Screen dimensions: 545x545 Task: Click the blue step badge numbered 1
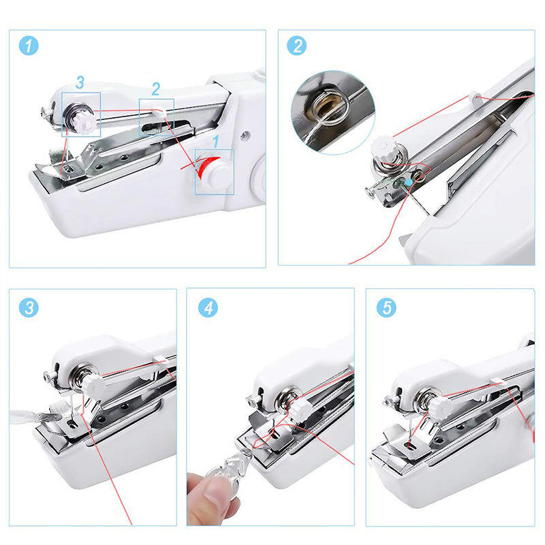tap(29, 46)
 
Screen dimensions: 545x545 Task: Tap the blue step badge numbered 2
tap(297, 46)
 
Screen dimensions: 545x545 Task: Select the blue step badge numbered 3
tap(29, 307)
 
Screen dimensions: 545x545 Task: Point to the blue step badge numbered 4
tap(208, 307)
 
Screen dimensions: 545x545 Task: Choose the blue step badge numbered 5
tap(387, 307)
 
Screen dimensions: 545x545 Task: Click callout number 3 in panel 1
tap(80, 83)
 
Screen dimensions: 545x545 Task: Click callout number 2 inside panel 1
tap(156, 89)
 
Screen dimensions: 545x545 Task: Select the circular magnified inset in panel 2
tap(332, 112)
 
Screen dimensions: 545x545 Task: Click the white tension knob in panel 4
tap(298, 407)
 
